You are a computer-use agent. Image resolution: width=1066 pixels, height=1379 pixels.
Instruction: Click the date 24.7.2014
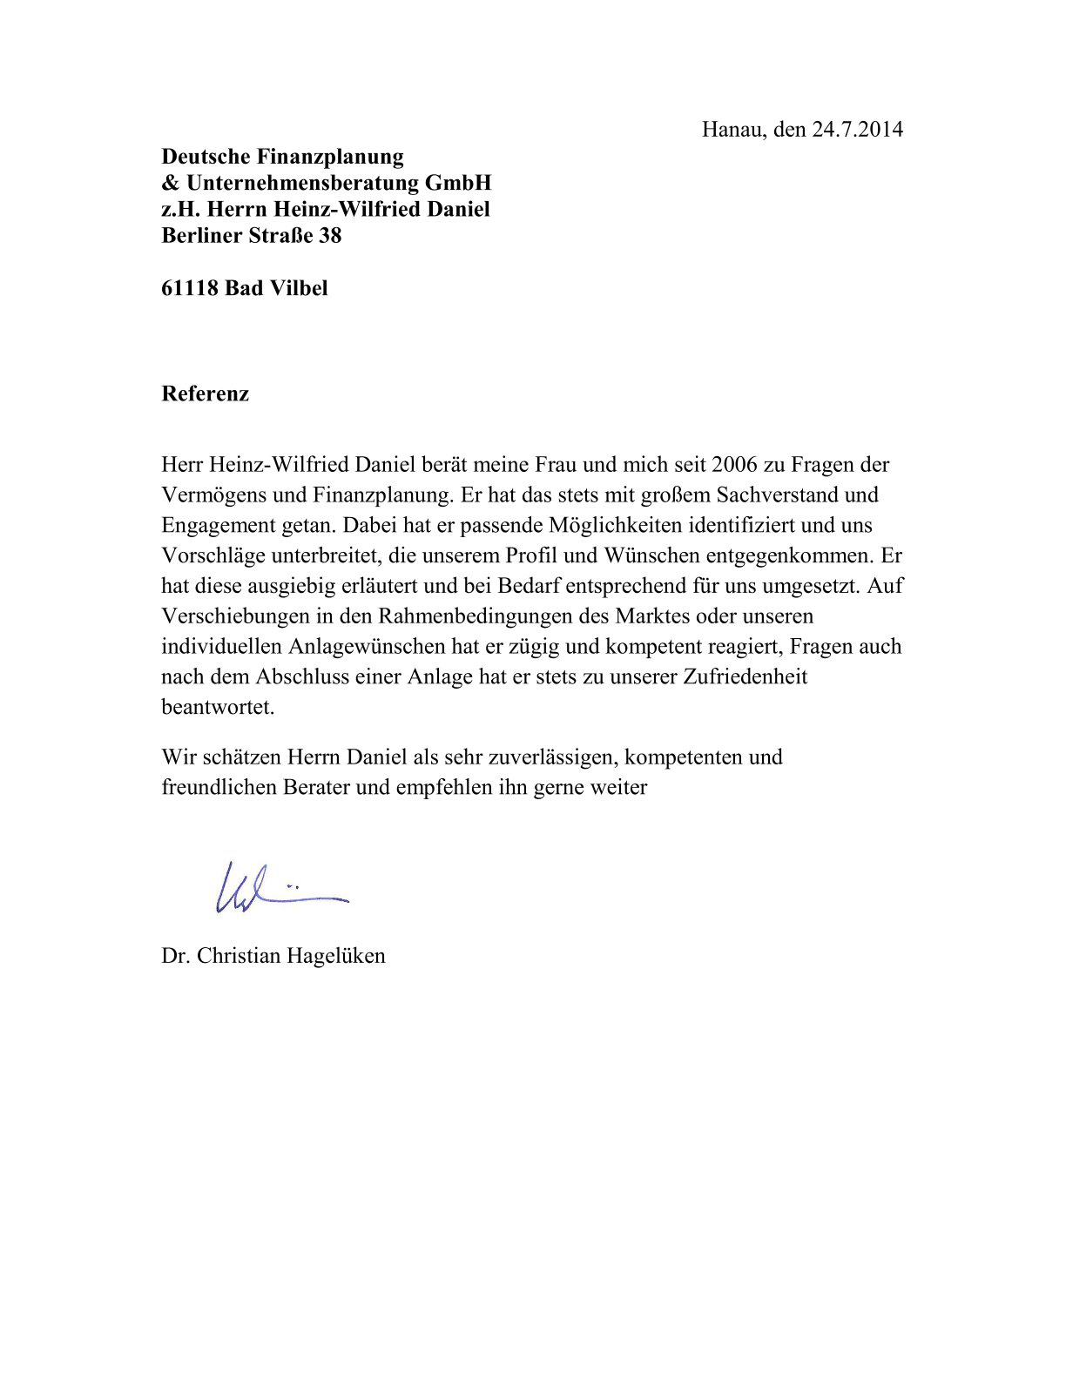858,130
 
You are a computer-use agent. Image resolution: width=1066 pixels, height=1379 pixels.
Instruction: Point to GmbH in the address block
458,183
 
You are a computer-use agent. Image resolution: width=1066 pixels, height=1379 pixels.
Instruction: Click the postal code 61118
189,288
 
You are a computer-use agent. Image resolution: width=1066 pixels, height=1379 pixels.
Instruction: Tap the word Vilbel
299,288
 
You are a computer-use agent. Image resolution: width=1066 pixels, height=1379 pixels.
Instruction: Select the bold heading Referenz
206,394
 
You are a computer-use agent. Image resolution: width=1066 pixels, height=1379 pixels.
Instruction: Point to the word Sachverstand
777,495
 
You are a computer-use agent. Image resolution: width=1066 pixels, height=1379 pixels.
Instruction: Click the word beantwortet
218,707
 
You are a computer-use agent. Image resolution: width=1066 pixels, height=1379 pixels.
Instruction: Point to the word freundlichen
219,788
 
